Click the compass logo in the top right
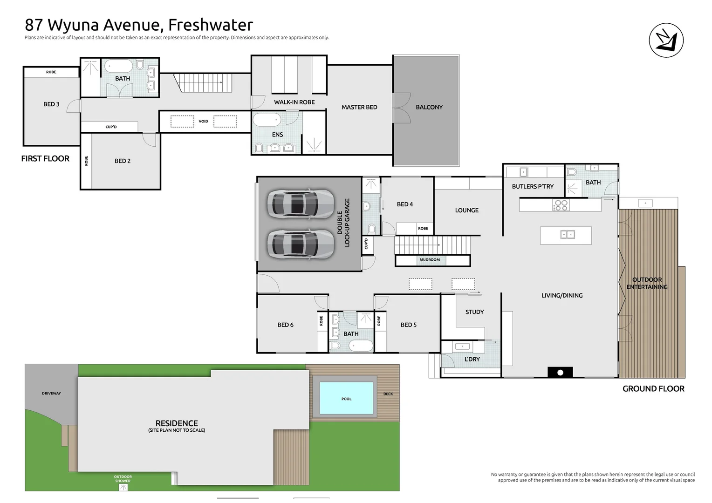(x=666, y=41)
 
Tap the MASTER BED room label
(x=359, y=107)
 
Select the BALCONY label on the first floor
(x=429, y=107)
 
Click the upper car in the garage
(x=300, y=204)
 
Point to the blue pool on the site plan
(x=346, y=398)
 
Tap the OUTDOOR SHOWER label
(x=123, y=479)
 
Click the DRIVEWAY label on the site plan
(x=51, y=393)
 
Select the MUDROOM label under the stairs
(x=429, y=260)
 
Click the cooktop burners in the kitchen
(x=561, y=205)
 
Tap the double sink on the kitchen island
(x=567, y=234)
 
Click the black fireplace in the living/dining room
(x=560, y=372)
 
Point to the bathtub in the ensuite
(x=267, y=120)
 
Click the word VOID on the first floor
(x=203, y=122)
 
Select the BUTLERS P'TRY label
(x=533, y=186)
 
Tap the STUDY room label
(x=474, y=312)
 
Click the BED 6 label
(x=285, y=325)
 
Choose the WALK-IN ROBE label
(x=294, y=102)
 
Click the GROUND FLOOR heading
(x=653, y=389)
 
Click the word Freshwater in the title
(x=210, y=24)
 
